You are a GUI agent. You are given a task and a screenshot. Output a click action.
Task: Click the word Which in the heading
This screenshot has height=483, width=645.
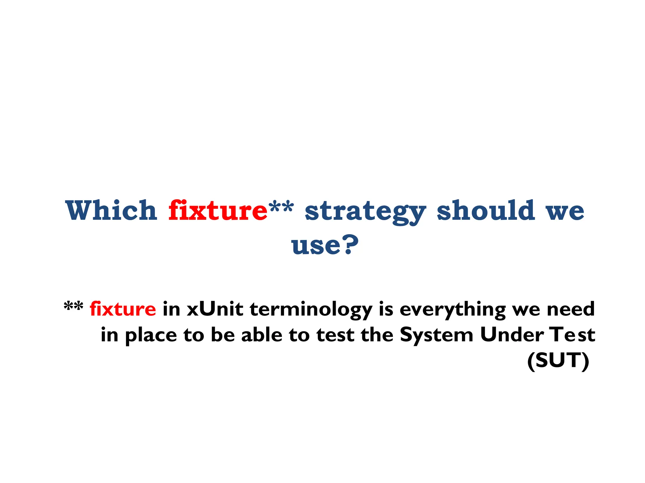(x=111, y=210)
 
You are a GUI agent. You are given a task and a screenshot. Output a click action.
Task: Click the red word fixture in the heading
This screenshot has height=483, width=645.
(x=218, y=210)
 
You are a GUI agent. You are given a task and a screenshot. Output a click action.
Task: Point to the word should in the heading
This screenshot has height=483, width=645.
(x=486, y=210)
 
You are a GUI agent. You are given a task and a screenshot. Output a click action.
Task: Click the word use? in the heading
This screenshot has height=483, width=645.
(x=324, y=245)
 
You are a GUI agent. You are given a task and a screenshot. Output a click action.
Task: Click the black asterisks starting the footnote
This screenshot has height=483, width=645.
(x=73, y=307)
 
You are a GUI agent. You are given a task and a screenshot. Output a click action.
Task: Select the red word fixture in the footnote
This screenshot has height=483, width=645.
(x=123, y=309)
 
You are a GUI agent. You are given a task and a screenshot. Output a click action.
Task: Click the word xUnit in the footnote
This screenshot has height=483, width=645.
(x=215, y=309)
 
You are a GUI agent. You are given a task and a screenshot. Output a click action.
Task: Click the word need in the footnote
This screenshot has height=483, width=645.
(x=570, y=309)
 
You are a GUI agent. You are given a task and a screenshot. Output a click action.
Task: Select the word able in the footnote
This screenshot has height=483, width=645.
(x=262, y=335)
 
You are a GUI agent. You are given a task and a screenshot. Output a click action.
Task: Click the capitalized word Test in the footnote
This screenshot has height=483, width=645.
(x=572, y=335)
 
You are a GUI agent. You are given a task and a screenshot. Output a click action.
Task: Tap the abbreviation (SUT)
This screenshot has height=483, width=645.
(x=558, y=361)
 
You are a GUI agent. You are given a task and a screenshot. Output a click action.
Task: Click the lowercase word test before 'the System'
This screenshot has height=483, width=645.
(x=335, y=335)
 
